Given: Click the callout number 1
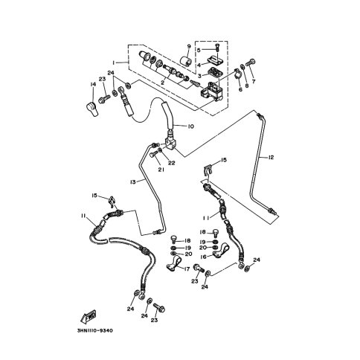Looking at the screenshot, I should coord(113,62).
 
